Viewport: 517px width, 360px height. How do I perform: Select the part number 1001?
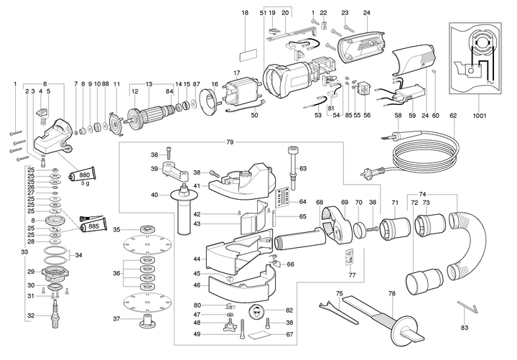[480, 116]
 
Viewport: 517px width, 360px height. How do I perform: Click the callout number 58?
[398, 115]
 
